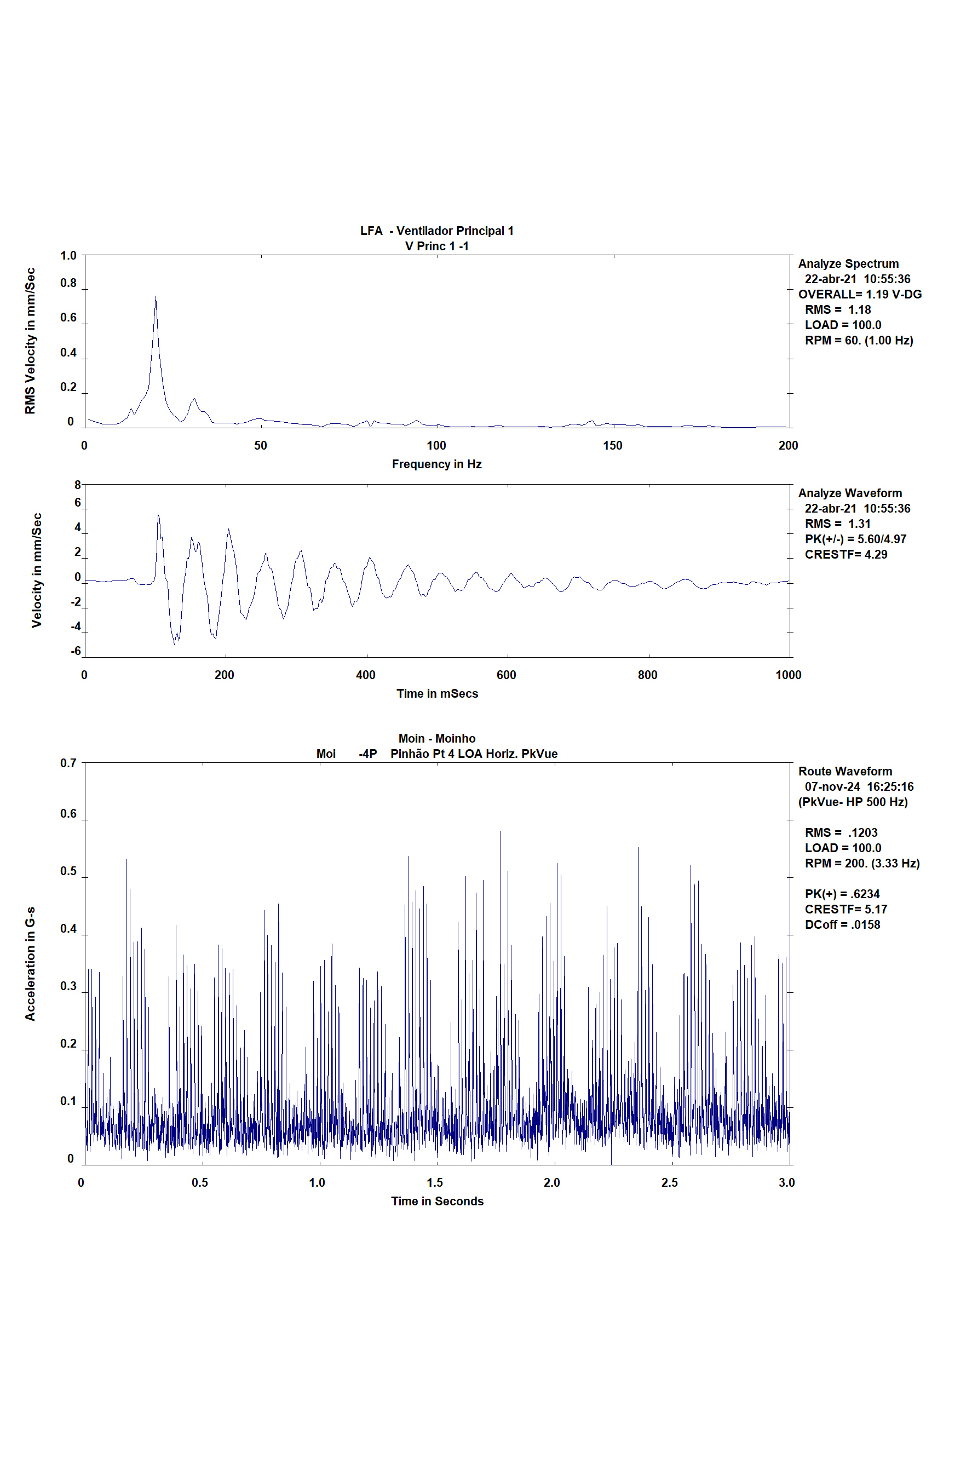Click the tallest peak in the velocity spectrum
pos(156,296)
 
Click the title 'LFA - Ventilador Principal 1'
pos(436,231)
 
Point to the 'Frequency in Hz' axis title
pos(436,464)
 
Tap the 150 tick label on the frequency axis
pos(612,445)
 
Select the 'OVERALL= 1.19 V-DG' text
pos(860,294)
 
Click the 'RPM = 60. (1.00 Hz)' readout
pos(859,341)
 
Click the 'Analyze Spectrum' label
pos(848,263)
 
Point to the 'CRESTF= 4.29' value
pos(846,554)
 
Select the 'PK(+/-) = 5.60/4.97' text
pos(855,539)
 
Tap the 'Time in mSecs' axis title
pos(437,693)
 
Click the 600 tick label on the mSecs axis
pos(507,675)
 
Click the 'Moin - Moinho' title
pos(436,738)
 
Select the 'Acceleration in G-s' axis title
pos(30,963)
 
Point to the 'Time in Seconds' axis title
pos(437,1201)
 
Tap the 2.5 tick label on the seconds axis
pos(670,1182)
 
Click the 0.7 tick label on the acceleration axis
pos(68,763)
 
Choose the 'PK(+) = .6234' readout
pos(842,894)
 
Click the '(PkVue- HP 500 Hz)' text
pos(853,802)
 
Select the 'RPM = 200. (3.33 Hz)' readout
pos(862,863)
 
